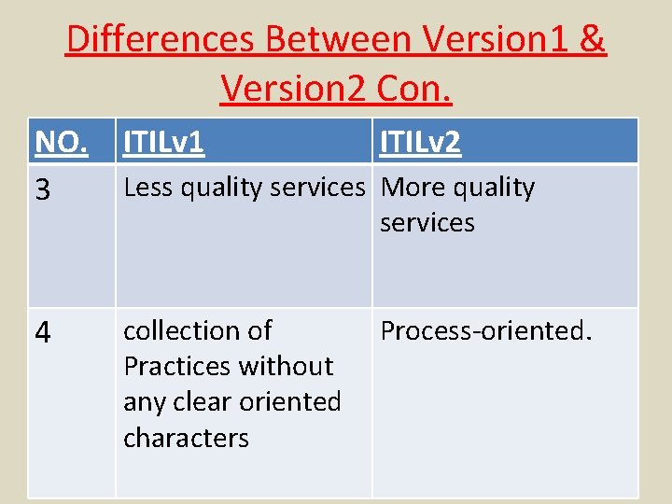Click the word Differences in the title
point(161,40)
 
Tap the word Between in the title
point(340,40)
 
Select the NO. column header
point(62,143)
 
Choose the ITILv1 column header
point(164,143)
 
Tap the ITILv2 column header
point(420,143)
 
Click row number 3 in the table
point(42,190)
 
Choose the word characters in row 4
point(186,438)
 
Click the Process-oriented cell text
point(485,330)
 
